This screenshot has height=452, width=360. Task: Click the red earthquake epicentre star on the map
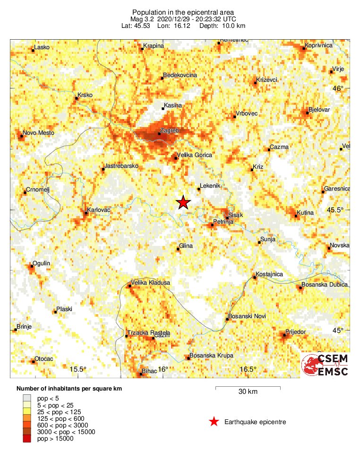tap(183, 202)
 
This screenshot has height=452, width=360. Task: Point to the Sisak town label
tap(235, 215)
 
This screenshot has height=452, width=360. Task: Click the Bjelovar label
tap(318, 110)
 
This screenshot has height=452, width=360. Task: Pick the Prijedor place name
tap(296, 332)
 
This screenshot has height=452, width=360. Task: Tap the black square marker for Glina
tap(178, 249)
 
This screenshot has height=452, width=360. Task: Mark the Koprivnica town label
tap(319, 45)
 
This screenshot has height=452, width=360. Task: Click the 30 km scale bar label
tap(248, 392)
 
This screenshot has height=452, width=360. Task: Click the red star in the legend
tap(214, 422)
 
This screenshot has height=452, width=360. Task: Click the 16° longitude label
tap(163, 369)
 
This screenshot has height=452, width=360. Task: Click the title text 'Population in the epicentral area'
tap(183, 11)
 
